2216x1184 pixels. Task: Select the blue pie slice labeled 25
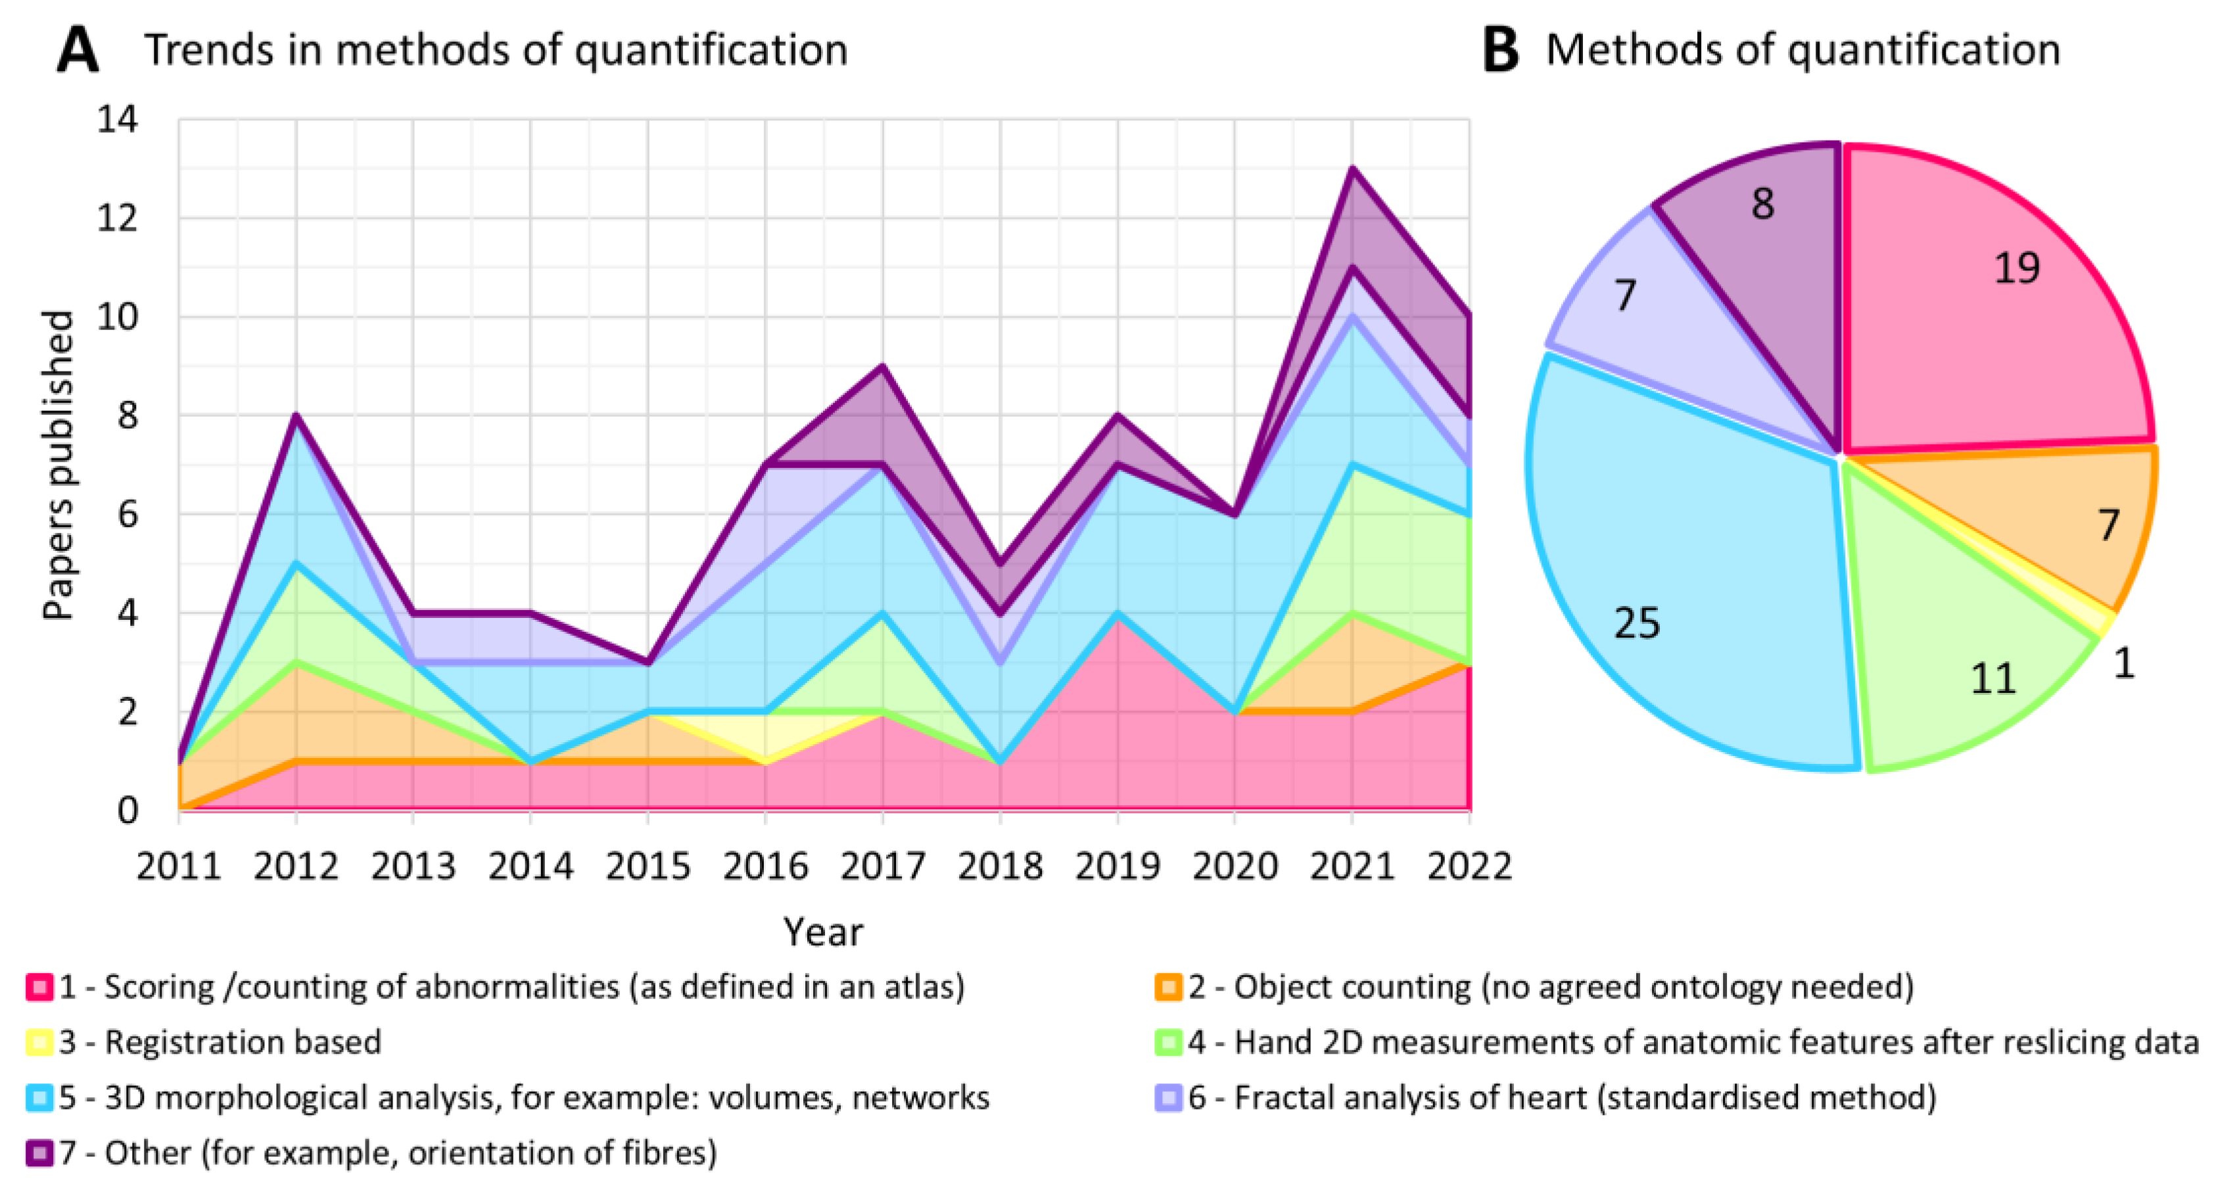coord(1686,585)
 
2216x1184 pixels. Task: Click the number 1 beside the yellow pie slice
coord(2124,663)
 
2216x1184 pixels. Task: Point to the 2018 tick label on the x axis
coord(1000,866)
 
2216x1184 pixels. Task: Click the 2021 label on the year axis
coord(1352,866)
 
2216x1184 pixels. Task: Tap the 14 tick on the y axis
coord(117,120)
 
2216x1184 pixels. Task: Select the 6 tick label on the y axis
coord(126,515)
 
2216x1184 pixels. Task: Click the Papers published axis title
coord(59,465)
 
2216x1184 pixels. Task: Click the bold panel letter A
coord(78,50)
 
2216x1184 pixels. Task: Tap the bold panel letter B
coord(1501,50)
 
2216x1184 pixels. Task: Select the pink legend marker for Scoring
coord(39,987)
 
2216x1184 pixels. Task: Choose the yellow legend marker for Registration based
coord(39,1043)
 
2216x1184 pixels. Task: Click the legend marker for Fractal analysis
coord(1168,1098)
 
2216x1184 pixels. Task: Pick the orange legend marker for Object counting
coord(1168,987)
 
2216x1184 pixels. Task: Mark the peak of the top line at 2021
coord(1352,170)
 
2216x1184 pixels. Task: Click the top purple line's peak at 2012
coord(296,416)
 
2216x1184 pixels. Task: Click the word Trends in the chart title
coord(207,50)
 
